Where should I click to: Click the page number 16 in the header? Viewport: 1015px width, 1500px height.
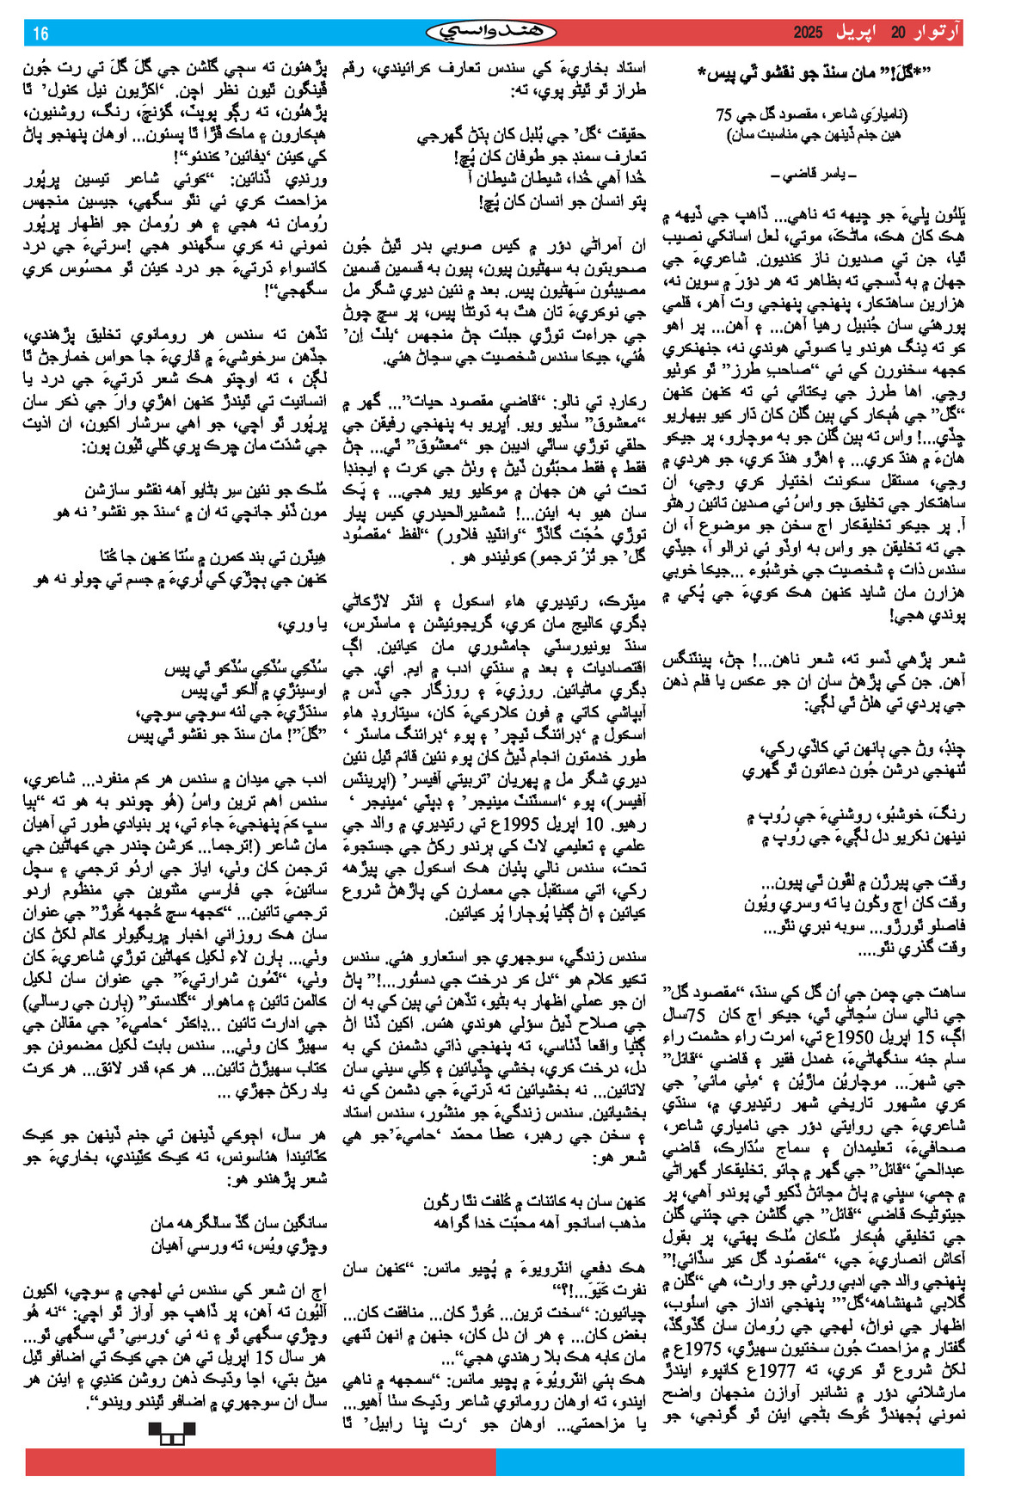40,34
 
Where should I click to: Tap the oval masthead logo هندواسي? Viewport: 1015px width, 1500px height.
491,33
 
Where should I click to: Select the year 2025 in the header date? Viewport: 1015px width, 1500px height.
808,34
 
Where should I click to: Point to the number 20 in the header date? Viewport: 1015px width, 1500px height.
897,34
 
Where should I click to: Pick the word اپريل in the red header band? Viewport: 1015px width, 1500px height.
857,34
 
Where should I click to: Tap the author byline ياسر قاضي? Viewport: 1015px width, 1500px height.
813,175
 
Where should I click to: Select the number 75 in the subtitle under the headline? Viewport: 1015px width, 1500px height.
723,114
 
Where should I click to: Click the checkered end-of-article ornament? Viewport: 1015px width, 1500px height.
172,1432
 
